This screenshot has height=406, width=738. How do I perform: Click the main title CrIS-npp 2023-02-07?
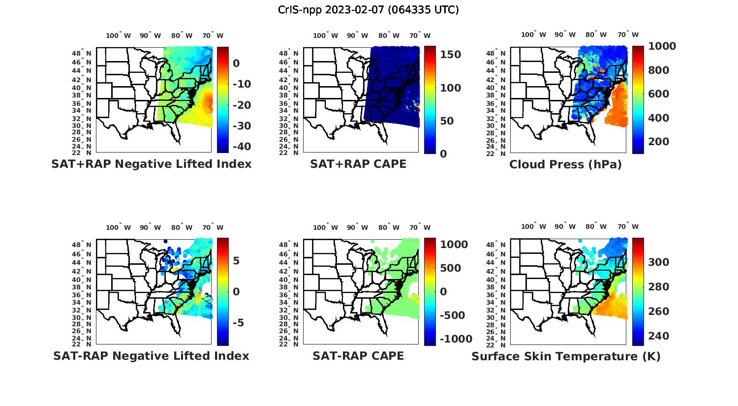(x=368, y=10)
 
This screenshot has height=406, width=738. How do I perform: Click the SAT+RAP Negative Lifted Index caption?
(x=152, y=164)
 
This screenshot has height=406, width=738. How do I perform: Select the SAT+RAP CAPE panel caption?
(x=358, y=164)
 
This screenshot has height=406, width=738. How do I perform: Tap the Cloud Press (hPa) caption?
(x=565, y=164)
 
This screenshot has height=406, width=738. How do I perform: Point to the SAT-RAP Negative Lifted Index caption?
(x=151, y=356)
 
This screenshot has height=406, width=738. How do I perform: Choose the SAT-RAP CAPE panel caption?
(x=358, y=356)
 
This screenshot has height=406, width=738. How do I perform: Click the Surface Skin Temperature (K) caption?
(x=566, y=356)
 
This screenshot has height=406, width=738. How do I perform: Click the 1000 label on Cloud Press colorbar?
(x=662, y=46)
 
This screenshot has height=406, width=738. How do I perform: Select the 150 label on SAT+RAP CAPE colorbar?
(x=450, y=55)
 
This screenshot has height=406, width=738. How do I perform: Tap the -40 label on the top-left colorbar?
(x=242, y=147)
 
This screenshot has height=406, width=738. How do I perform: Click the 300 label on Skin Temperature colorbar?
(x=658, y=262)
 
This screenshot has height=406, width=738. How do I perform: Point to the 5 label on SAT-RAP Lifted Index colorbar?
(x=236, y=261)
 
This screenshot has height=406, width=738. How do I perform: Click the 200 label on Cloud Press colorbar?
(x=658, y=142)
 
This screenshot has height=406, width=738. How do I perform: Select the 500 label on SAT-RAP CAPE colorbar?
(x=450, y=268)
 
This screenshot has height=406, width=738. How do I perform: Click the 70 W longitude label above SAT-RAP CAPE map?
(x=420, y=227)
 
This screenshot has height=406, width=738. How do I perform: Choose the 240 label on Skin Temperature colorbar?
(x=658, y=336)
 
